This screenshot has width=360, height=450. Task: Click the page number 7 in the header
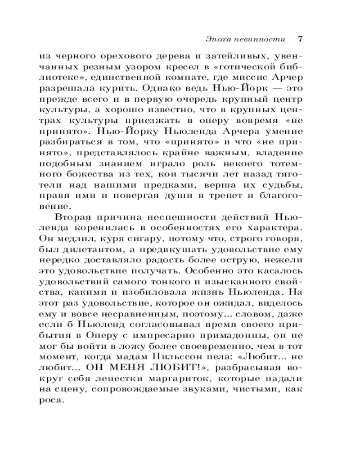[300, 39]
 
